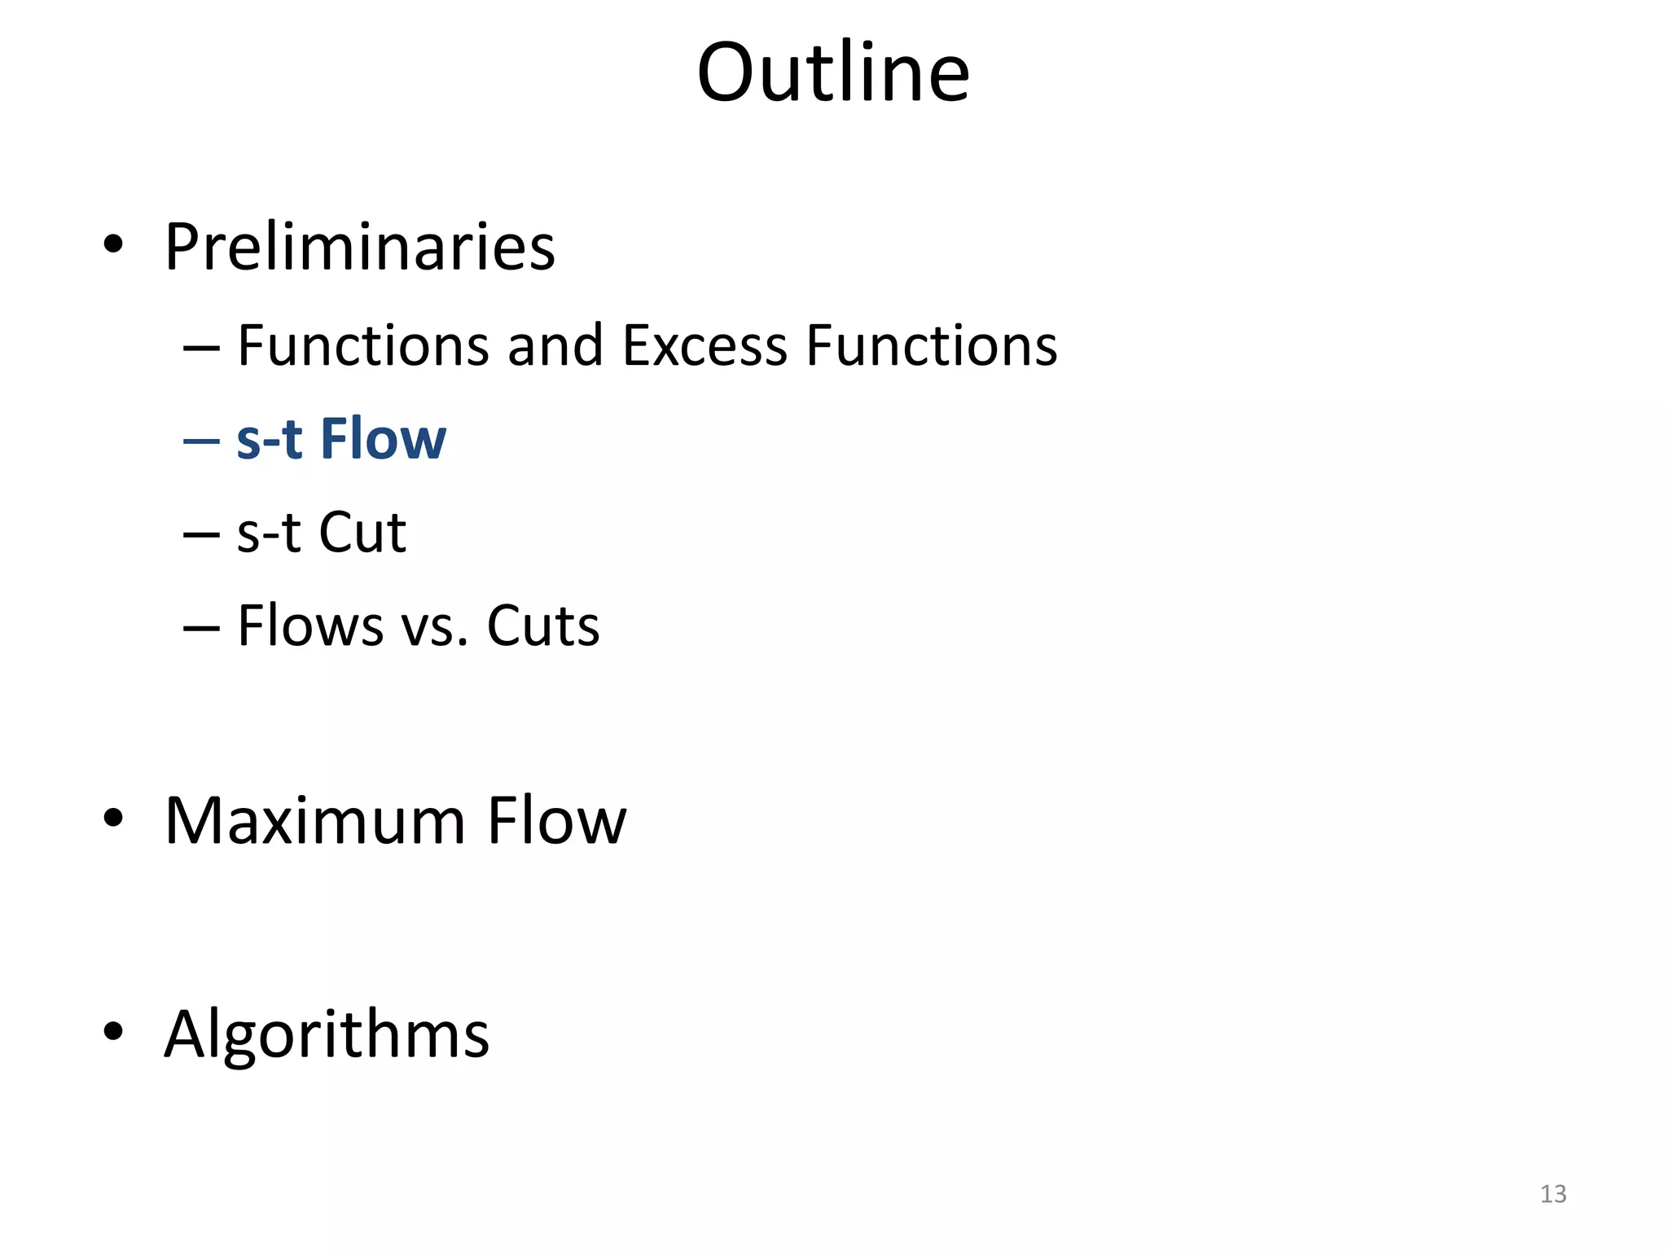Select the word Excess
coord(705,345)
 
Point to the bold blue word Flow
coord(383,438)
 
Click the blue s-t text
coord(270,438)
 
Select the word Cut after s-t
coord(362,533)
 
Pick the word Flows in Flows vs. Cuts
coord(310,625)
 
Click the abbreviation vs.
coord(434,625)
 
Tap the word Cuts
coord(542,625)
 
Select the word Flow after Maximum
coord(557,820)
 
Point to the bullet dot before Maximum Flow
coord(113,817)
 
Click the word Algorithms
coord(327,1034)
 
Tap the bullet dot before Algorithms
coord(113,1031)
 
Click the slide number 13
coord(1553,1194)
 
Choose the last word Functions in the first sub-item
coord(932,345)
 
